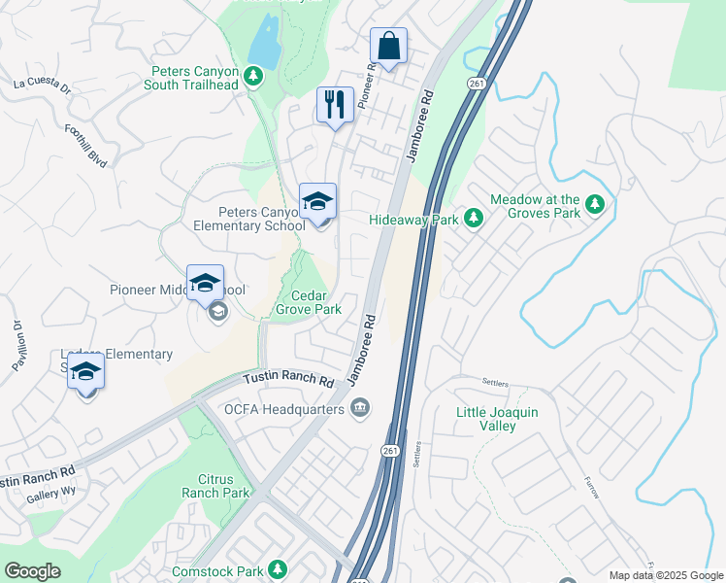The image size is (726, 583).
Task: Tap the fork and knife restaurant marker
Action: coord(336,105)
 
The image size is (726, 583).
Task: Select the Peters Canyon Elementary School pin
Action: coord(317,202)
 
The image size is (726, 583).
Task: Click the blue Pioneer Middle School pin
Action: coord(205,284)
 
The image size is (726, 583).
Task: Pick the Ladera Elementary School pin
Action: coord(86,371)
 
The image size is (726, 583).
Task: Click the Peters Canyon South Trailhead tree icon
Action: coord(253,76)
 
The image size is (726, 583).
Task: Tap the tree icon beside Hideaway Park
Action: coord(474,219)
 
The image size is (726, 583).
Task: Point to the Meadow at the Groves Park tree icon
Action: coord(595,205)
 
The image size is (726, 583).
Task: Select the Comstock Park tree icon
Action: coord(278,568)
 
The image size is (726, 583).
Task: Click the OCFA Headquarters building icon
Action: coord(360,406)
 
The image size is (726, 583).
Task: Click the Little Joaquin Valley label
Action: coord(497,419)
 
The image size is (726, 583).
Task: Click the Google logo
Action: coord(32,571)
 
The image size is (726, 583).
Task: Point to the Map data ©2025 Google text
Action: coord(666,575)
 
